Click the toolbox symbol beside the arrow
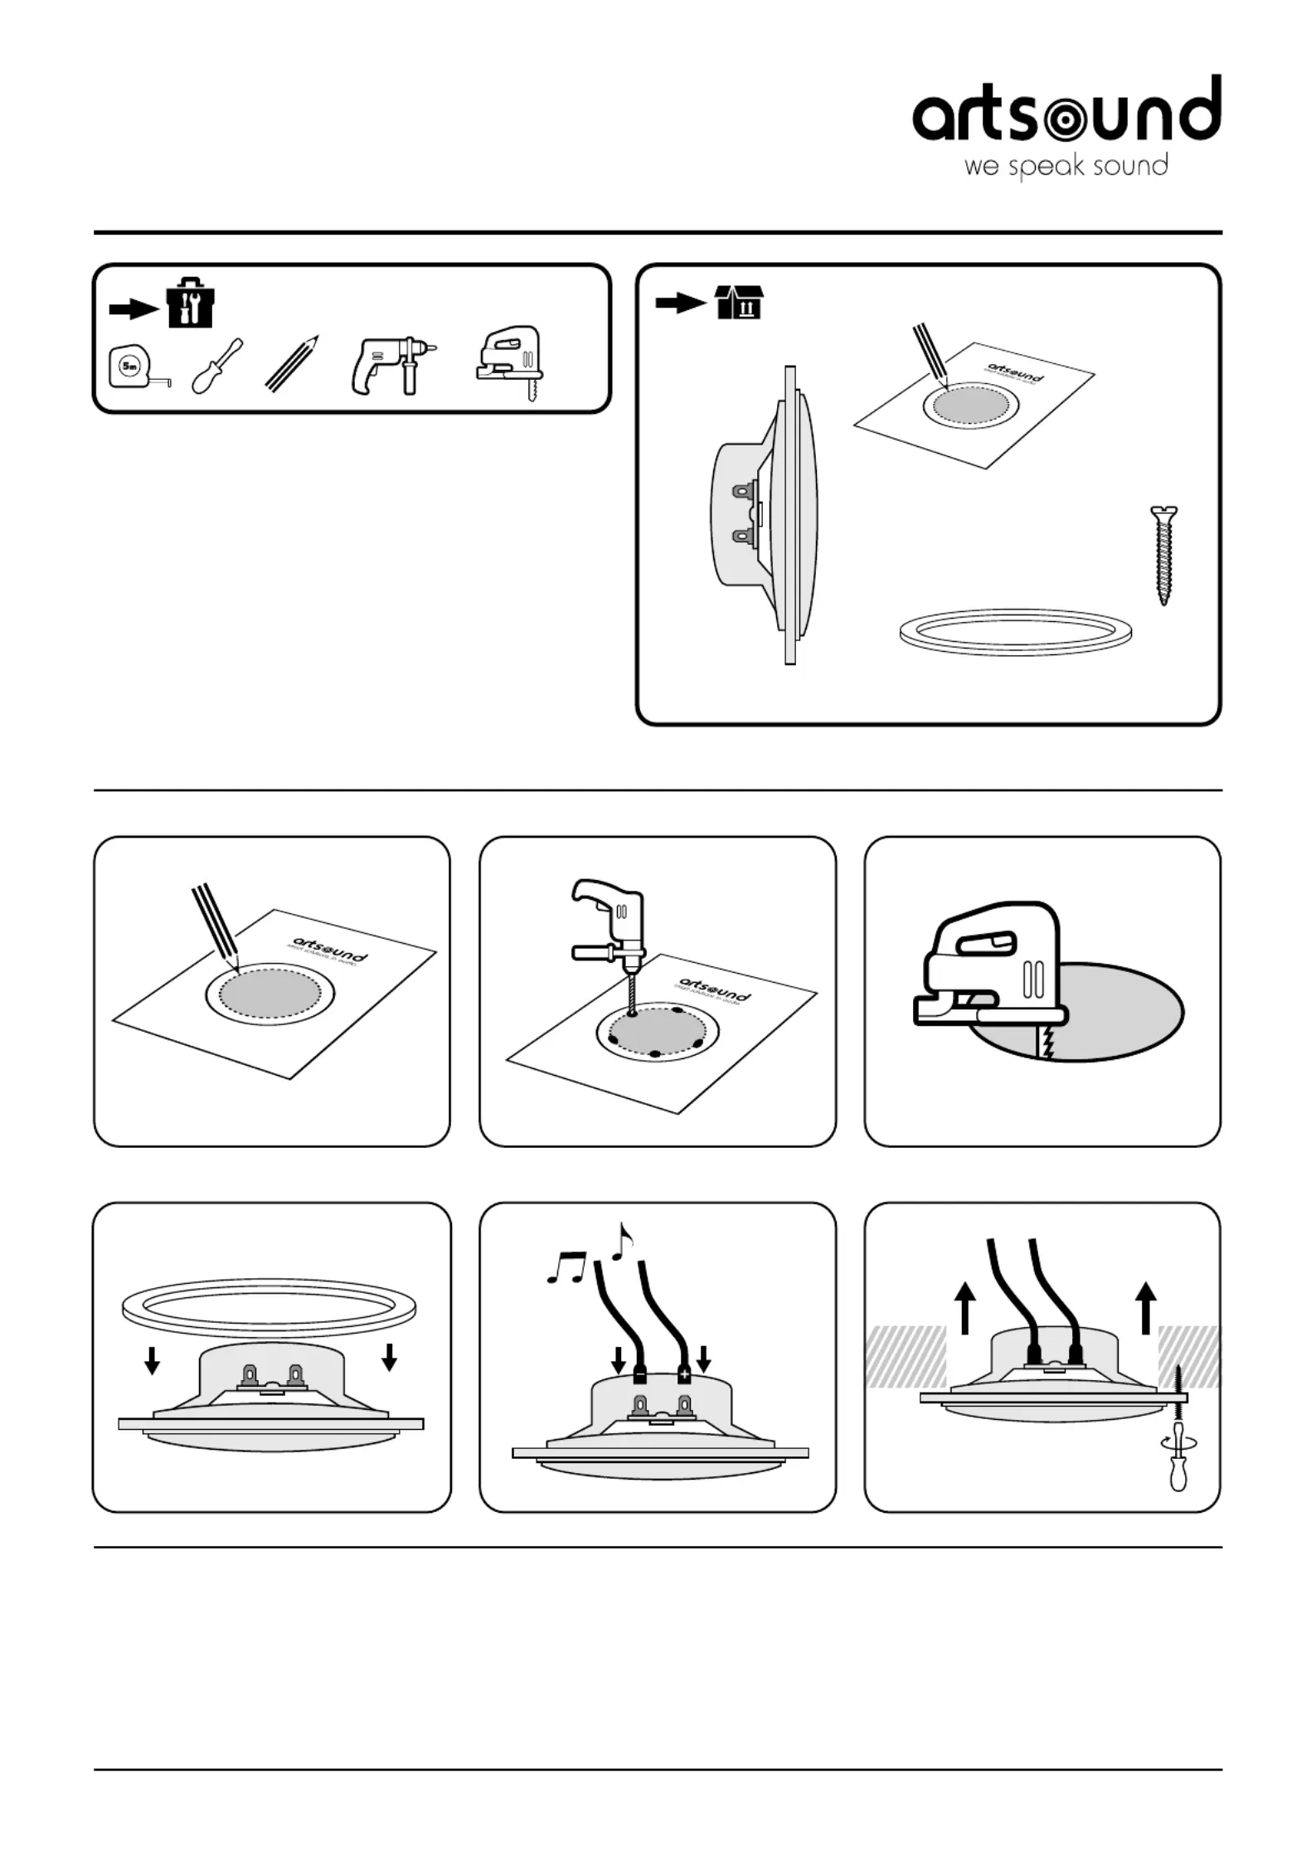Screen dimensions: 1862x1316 [x=190, y=302]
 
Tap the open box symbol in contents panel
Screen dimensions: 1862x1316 [x=738, y=303]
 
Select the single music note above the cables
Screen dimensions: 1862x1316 [x=622, y=1242]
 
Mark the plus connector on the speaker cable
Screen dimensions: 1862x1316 [x=684, y=1375]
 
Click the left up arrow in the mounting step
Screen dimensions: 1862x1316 [x=964, y=1308]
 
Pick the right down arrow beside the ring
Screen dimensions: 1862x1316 [x=389, y=1357]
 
